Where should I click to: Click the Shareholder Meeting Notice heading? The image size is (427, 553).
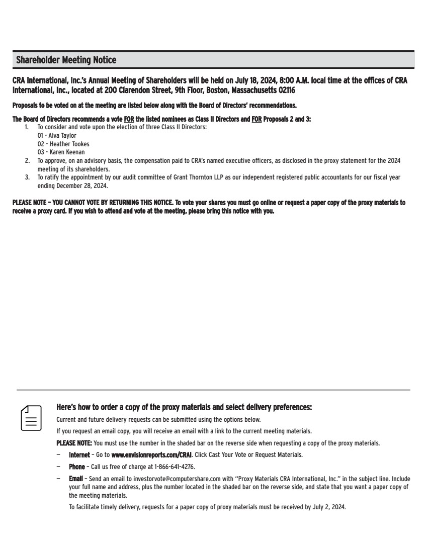66,60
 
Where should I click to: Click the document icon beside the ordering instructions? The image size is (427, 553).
31,418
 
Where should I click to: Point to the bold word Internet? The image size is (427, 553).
79,455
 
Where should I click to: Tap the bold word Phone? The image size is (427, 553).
77,467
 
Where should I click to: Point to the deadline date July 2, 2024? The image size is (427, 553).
329,507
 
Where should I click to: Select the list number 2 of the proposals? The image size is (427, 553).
27,161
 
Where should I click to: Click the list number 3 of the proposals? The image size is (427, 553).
27,177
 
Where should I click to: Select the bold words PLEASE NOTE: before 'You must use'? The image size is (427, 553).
74,443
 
